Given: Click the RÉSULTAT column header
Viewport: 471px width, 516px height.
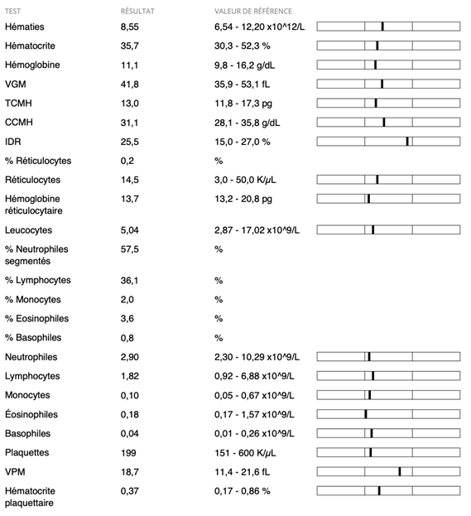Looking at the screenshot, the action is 137,12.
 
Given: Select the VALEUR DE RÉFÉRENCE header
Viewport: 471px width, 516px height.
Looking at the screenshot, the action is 253,12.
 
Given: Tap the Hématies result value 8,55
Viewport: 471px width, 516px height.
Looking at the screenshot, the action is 130,27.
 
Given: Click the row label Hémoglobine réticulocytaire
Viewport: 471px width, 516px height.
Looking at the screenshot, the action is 34,205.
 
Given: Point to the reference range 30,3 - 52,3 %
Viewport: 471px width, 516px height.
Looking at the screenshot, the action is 242,46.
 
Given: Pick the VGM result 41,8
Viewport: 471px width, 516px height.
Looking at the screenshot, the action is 130,84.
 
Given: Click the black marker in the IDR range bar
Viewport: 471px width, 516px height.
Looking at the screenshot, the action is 407,142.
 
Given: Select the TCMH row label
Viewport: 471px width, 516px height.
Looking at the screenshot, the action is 18,104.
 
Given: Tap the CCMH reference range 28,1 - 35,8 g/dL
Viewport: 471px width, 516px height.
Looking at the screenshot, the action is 247,123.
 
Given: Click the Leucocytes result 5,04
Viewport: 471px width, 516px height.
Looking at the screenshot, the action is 130,230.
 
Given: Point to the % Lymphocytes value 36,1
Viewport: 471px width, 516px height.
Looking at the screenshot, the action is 129,281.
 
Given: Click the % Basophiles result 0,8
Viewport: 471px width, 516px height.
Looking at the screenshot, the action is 127,338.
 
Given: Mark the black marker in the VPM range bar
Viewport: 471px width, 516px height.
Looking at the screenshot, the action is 400,471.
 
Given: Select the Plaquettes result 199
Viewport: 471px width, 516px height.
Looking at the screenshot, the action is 128,453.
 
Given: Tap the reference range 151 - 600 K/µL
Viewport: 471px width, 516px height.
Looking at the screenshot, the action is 245,453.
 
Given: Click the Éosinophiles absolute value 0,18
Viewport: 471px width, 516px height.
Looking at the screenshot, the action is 130,415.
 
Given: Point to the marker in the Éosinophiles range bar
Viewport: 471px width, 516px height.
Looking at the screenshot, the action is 366,414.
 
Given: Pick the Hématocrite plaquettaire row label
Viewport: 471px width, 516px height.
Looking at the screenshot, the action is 30,497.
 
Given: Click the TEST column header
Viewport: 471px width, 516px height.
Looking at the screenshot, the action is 12,12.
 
